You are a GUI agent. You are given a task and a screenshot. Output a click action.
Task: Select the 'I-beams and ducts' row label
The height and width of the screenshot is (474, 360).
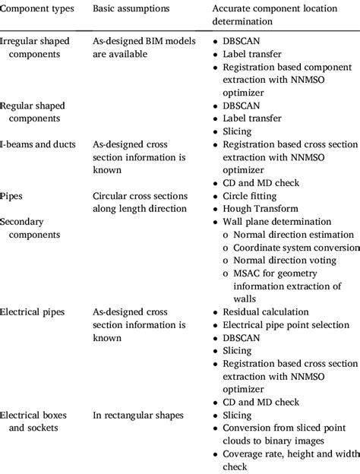37,144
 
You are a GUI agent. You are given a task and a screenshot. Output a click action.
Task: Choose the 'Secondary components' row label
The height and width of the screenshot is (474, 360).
27,227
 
